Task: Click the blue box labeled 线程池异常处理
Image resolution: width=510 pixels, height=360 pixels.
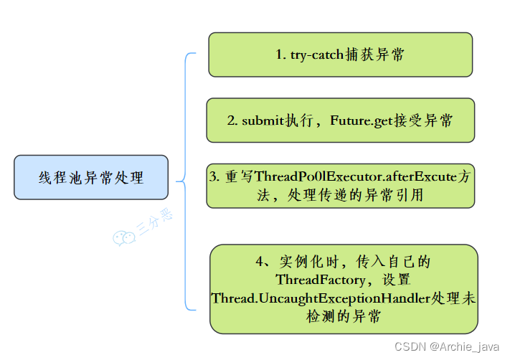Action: click(91, 177)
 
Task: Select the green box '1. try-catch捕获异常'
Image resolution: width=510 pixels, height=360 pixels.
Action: click(340, 55)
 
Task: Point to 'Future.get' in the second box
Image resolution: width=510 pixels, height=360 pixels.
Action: click(362, 120)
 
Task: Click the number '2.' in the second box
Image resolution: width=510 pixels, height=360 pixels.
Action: click(232, 120)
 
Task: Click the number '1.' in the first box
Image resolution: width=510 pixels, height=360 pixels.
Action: click(281, 55)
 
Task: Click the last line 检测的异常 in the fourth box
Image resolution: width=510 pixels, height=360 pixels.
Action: click(344, 316)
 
